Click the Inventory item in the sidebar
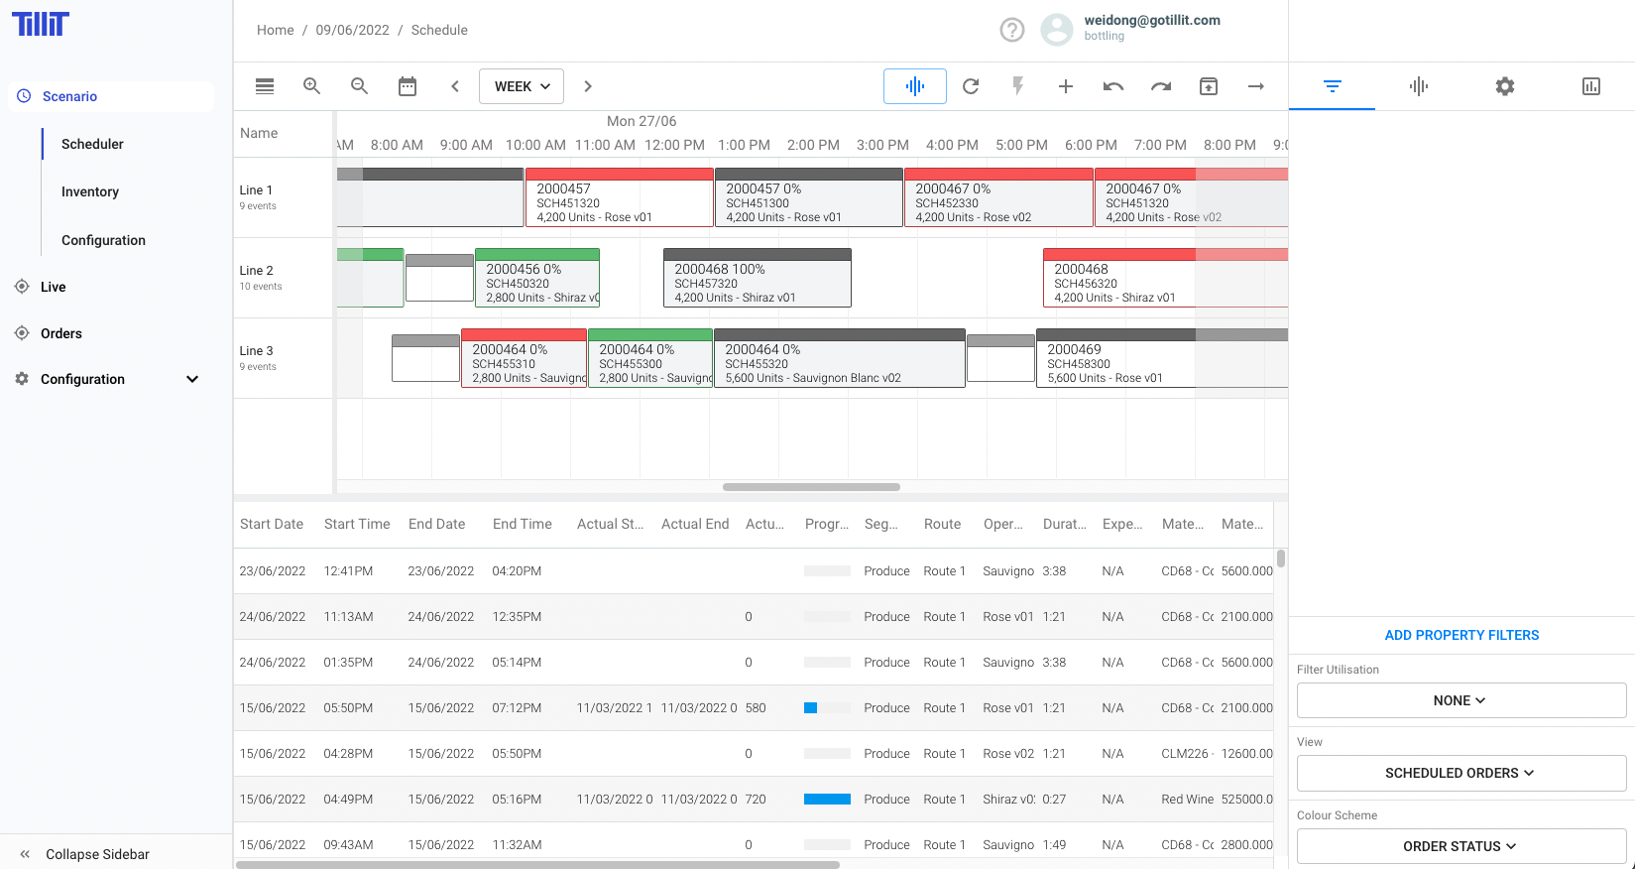pos(90,191)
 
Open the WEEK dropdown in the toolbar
pos(522,86)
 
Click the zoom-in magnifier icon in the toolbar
pos(311,86)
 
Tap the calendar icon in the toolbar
pos(408,86)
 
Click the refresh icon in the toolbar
pos(971,86)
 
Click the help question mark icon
pos(1011,30)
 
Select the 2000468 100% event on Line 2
pos(757,282)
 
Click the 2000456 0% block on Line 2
pos(536,282)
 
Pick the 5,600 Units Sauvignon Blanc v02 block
pos(839,363)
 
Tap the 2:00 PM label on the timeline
pos(813,145)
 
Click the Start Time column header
pos(357,524)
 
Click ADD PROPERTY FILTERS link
pos(1461,635)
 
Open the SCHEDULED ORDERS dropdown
pos(1460,773)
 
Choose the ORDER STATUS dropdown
pos(1460,846)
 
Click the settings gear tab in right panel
pos(1504,86)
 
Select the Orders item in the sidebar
pos(61,333)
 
